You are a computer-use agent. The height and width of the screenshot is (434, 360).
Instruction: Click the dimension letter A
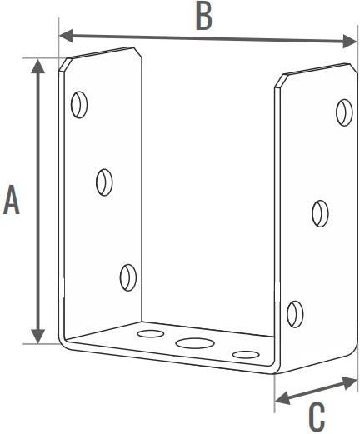coord(12,199)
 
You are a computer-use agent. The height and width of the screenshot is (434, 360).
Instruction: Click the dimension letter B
coord(204,16)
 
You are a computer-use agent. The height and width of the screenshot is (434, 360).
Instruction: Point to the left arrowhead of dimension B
coord(65,36)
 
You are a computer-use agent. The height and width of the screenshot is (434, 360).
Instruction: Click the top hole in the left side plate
coord(79,105)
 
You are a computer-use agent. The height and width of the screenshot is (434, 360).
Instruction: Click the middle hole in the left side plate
coord(104,182)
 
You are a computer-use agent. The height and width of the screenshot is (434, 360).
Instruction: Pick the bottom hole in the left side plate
coord(128,277)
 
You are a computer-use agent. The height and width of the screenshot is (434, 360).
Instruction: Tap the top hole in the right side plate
coord(344,112)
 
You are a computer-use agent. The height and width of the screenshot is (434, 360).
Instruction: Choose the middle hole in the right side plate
coord(320,213)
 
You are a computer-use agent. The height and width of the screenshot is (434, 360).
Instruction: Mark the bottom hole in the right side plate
coord(295,314)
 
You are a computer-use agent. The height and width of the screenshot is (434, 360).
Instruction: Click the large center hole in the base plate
coord(195,343)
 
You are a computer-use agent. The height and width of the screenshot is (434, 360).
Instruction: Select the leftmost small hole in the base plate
coord(151,333)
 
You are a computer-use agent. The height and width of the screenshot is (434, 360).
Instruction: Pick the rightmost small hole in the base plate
coord(246,354)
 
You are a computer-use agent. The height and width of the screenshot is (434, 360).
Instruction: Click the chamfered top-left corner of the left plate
coord(64,65)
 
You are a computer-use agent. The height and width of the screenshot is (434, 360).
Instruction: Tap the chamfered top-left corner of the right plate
coord(281,81)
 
